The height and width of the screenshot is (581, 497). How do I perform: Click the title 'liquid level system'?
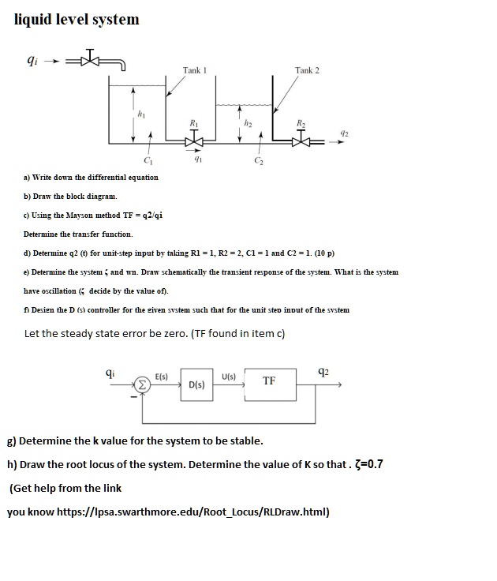click(x=77, y=19)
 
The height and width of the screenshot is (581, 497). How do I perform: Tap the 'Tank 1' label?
click(x=194, y=71)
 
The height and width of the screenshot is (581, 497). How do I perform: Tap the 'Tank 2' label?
click(x=307, y=71)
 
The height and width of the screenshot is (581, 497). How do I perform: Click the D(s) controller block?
click(x=197, y=384)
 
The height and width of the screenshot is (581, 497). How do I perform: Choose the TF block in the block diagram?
click(x=269, y=380)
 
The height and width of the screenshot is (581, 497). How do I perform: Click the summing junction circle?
click(x=143, y=385)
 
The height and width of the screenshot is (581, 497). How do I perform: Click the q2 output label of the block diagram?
click(x=323, y=372)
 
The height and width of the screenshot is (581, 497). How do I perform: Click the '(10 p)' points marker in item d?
click(x=323, y=253)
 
